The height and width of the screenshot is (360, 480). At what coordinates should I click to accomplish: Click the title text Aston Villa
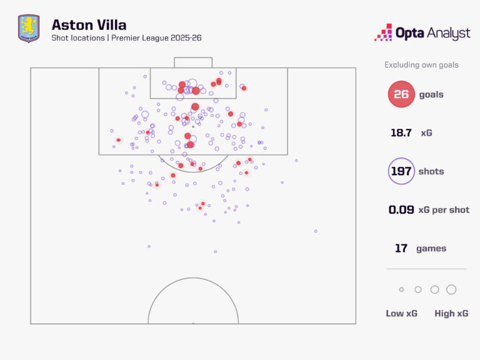click(89, 25)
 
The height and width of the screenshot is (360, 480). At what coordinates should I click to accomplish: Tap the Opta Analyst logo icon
click(383, 32)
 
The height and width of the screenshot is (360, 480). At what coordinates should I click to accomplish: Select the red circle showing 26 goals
click(401, 94)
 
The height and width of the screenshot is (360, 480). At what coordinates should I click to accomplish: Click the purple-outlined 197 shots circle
click(401, 171)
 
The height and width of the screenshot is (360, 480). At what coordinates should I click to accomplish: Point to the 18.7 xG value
click(401, 133)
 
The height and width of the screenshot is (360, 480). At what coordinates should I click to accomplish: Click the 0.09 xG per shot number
click(401, 210)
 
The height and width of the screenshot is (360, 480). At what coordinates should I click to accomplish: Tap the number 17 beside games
click(401, 248)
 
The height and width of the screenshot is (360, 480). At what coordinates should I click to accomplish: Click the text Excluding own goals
click(421, 65)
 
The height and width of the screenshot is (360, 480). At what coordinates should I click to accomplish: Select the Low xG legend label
click(401, 313)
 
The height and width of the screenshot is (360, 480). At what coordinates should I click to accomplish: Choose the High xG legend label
click(451, 313)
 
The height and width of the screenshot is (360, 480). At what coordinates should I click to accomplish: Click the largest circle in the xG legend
click(451, 289)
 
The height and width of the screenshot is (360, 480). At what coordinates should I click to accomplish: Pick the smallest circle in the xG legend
click(401, 289)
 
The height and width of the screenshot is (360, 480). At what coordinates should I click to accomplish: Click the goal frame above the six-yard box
click(193, 62)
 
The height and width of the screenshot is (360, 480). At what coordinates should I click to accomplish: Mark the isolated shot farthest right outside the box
click(316, 231)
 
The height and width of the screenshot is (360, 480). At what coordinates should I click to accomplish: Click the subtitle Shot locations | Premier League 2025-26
click(126, 39)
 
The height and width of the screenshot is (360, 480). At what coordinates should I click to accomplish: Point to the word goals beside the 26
click(431, 94)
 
